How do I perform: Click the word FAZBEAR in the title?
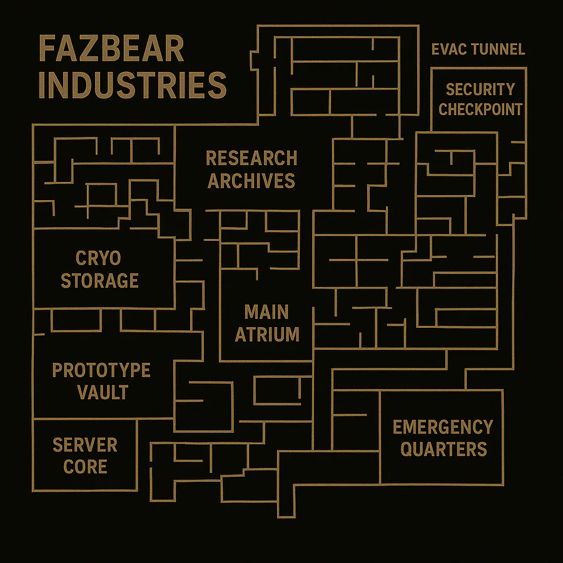point(112,49)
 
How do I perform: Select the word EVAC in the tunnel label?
point(450,49)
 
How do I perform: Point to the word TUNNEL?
point(497,49)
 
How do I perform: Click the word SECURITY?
point(480,89)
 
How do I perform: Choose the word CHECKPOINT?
point(480,109)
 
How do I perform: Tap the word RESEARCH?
point(251,158)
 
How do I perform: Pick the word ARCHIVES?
point(251,181)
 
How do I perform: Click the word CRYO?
point(98,258)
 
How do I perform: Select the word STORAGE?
point(99,280)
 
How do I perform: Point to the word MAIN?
point(266,312)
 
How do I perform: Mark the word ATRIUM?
point(267,334)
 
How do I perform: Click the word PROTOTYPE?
point(101,370)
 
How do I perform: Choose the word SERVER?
point(85,445)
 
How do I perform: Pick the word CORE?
point(85,467)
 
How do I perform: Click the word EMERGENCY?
point(443,427)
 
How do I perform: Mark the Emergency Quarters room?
point(442,469)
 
